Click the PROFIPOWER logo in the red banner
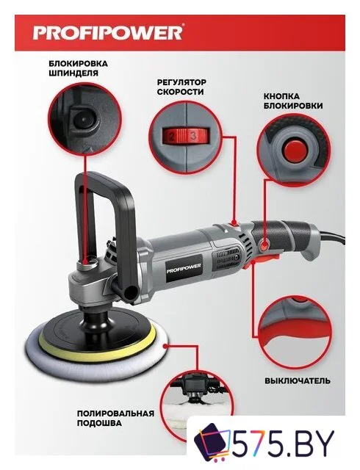[107, 32]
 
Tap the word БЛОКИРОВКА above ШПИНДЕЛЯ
[79, 64]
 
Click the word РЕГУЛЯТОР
[181, 82]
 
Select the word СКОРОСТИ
[180, 92]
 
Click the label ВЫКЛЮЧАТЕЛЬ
[298, 380]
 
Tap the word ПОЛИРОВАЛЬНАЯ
[116, 413]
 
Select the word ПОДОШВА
[99, 423]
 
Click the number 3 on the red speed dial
[193, 136]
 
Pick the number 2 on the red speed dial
[172, 137]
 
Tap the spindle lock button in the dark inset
[82, 119]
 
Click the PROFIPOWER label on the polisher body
[184, 267]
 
